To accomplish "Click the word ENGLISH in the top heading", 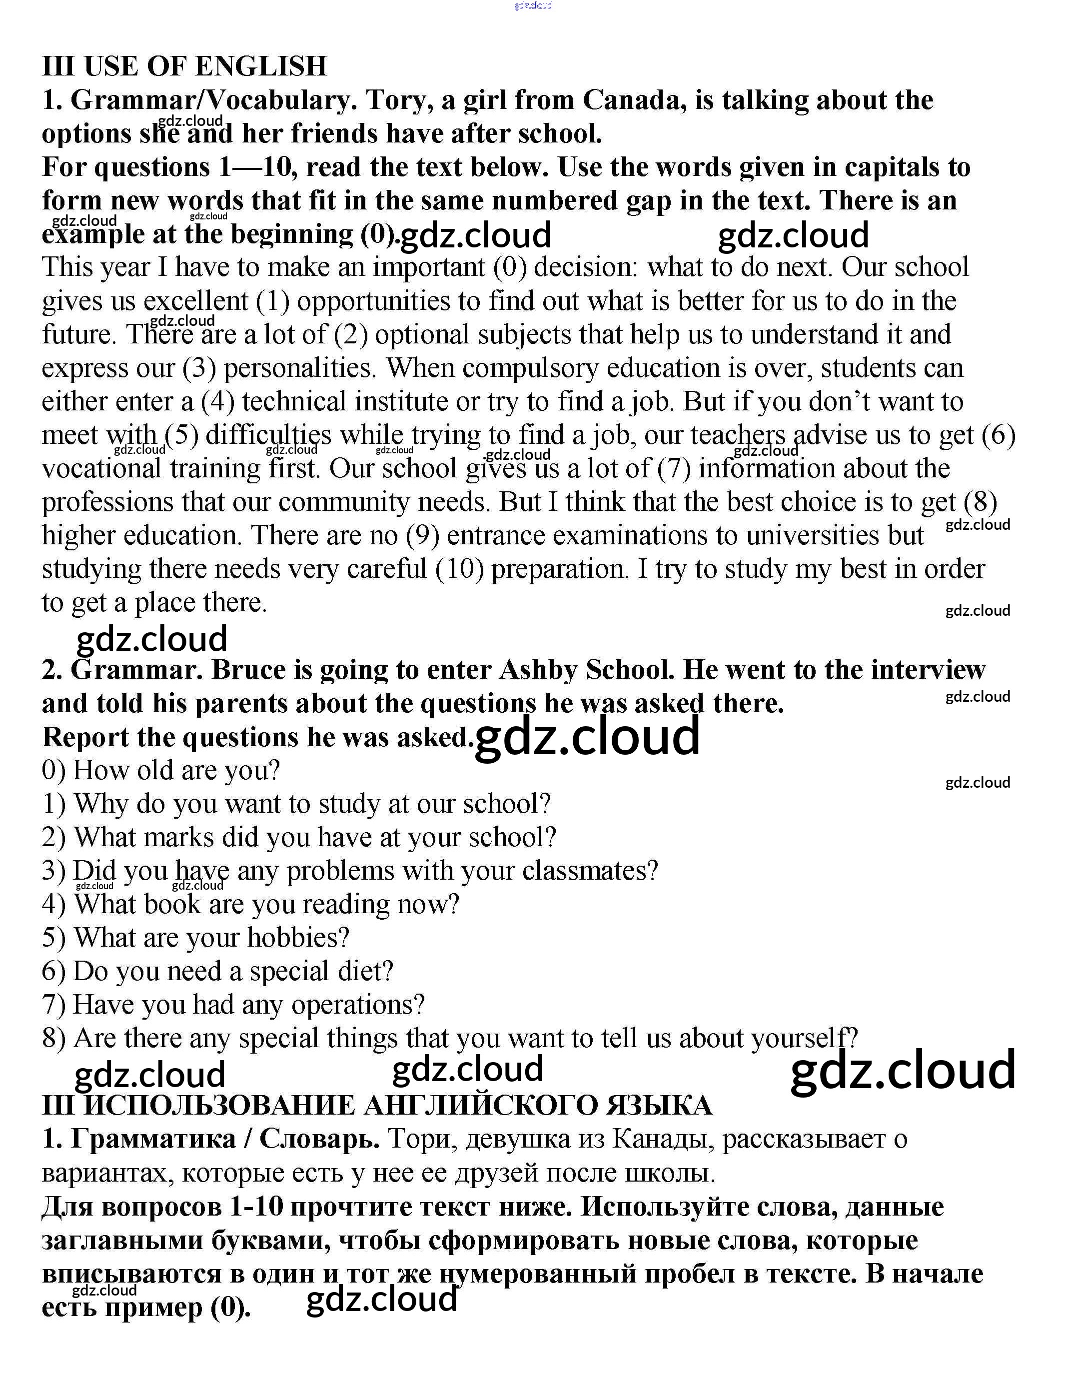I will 260,66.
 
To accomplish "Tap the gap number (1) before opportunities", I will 273,301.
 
